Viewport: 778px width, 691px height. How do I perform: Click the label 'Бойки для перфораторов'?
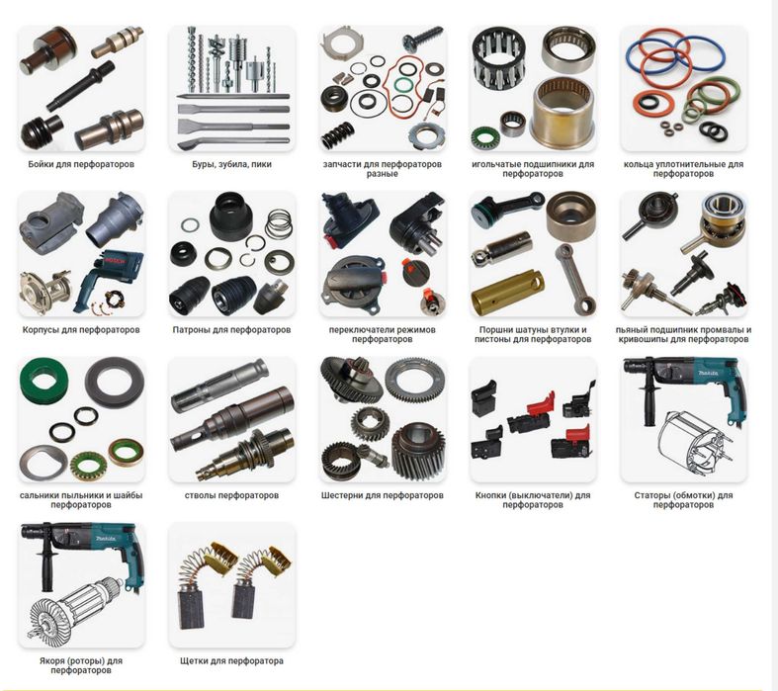click(81, 164)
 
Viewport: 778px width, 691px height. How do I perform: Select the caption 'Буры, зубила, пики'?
click(231, 164)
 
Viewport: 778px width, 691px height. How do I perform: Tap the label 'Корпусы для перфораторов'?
click(81, 330)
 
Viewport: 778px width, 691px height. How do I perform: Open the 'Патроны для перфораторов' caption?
click(231, 330)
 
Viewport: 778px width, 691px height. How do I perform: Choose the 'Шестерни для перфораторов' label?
click(382, 495)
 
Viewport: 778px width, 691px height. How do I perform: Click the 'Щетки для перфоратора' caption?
click(231, 660)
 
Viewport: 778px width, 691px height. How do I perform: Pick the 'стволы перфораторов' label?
click(231, 495)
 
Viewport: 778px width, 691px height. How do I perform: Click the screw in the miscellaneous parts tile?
click(422, 39)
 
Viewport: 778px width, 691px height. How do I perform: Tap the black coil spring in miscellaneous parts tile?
click(338, 133)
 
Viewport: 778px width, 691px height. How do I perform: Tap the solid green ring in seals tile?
click(43, 381)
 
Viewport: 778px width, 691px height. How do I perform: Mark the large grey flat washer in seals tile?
click(114, 383)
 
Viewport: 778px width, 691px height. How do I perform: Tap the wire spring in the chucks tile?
click(279, 223)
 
